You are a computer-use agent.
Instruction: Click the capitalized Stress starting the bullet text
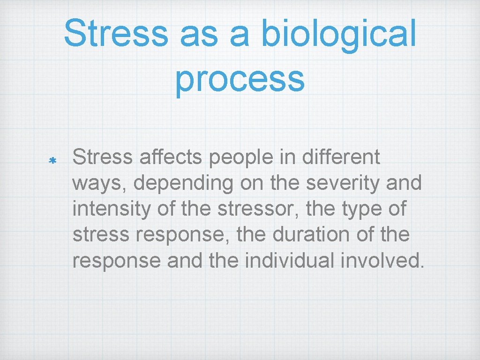click(103, 157)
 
